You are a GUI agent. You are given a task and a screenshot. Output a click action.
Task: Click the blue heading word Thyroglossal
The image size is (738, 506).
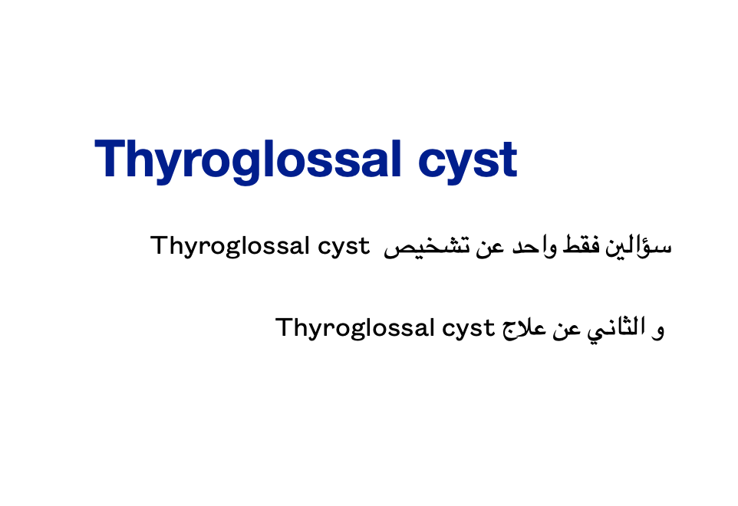pyautogui.click(x=248, y=160)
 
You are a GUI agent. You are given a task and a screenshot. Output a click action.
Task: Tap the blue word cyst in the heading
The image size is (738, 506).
pyautogui.click(x=468, y=163)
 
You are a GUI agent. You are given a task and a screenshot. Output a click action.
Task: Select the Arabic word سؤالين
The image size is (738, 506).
pyautogui.click(x=638, y=246)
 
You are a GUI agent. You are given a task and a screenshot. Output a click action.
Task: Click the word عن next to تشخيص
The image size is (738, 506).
pyautogui.click(x=490, y=248)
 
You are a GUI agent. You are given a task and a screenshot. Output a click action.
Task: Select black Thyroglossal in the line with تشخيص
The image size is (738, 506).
pyautogui.click(x=229, y=246)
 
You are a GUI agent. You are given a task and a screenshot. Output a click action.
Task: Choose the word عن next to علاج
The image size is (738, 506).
pyautogui.click(x=567, y=329)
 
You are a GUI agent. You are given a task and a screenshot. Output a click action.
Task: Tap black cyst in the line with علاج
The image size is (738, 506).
pyautogui.click(x=468, y=329)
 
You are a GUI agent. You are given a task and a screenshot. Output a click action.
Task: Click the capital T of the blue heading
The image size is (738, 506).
pyautogui.click(x=110, y=158)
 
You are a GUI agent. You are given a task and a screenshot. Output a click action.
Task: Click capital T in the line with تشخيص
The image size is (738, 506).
pyautogui.click(x=159, y=245)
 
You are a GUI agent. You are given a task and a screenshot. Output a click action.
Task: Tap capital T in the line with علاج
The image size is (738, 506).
pyautogui.click(x=285, y=327)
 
